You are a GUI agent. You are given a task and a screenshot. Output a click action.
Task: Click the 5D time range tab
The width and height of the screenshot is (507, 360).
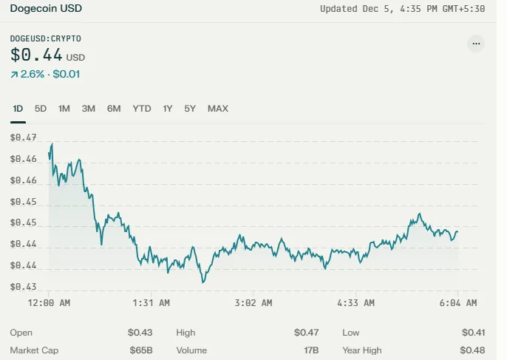point(41,109)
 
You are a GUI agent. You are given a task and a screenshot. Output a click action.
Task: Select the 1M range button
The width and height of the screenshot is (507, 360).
point(64,109)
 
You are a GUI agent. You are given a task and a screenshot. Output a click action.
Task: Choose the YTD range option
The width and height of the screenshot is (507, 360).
point(142,109)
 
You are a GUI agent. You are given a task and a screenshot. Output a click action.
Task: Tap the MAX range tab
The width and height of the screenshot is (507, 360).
point(218,109)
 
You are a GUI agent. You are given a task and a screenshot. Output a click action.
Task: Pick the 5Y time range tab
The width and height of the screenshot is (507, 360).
point(190,109)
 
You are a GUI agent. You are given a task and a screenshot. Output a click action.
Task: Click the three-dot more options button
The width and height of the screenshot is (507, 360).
point(476,44)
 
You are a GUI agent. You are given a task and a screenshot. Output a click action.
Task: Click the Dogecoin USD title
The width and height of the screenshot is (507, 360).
point(46,8)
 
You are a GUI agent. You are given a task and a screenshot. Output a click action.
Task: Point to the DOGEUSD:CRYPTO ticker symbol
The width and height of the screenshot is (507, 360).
point(46,38)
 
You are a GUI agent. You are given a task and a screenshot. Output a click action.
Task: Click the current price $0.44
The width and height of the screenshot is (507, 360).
point(36,55)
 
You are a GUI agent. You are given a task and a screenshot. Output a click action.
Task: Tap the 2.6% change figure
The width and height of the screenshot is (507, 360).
point(33,74)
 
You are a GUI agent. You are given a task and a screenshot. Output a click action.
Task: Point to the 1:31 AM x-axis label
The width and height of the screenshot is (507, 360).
point(151,303)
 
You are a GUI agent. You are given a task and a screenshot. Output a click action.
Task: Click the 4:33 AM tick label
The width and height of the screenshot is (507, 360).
point(355,303)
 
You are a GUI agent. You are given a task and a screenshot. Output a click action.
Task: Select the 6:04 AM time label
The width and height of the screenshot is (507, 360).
point(458,303)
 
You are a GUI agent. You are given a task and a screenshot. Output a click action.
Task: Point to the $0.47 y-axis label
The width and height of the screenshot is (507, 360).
point(24,137)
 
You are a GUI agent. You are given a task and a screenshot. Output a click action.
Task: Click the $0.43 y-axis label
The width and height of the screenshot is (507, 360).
point(24,287)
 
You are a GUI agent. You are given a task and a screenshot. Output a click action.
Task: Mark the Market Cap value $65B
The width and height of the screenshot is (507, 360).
point(141,350)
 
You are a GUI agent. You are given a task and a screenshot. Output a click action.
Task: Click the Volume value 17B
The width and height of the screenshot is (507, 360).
point(311,350)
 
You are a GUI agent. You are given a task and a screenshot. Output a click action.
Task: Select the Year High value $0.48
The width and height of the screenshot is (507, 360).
point(472,350)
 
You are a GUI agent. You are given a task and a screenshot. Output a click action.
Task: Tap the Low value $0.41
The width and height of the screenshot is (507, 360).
point(473,333)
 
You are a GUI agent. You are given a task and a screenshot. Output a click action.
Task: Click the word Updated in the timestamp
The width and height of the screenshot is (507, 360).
point(338,9)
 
